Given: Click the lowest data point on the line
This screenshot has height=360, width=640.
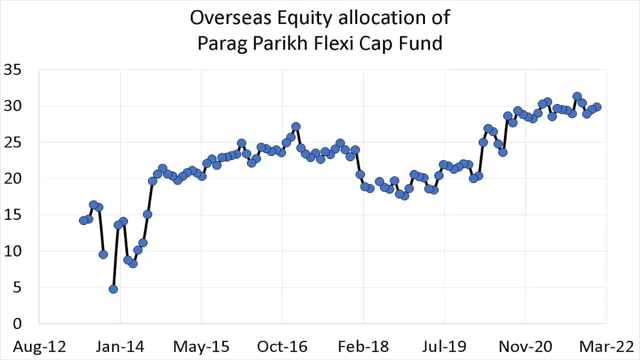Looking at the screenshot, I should click(x=113, y=289).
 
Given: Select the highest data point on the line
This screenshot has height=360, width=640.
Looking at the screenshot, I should click(x=577, y=96).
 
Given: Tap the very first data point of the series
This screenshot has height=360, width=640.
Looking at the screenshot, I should click(x=83, y=220).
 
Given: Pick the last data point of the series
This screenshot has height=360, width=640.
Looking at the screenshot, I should click(x=596, y=106).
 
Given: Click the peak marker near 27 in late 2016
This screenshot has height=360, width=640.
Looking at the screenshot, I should click(x=295, y=126).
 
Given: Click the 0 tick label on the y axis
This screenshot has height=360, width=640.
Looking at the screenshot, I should click(x=17, y=323).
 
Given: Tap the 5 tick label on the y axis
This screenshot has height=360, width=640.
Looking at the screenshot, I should click(x=17, y=287).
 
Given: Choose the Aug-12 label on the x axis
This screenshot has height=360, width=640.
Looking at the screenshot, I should click(x=39, y=346).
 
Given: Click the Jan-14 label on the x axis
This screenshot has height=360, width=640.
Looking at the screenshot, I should click(x=120, y=346).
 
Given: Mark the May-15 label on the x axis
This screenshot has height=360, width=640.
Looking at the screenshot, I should click(x=201, y=346).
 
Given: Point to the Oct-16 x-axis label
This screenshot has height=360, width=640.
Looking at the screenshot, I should click(x=282, y=346).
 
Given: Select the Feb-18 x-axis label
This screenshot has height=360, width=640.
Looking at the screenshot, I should click(x=363, y=346).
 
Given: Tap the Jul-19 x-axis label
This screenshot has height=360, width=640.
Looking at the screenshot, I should click(x=444, y=346).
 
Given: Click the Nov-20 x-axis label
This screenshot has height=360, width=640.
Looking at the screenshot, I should click(x=525, y=346).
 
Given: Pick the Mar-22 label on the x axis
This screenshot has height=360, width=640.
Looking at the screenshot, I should click(x=606, y=346).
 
